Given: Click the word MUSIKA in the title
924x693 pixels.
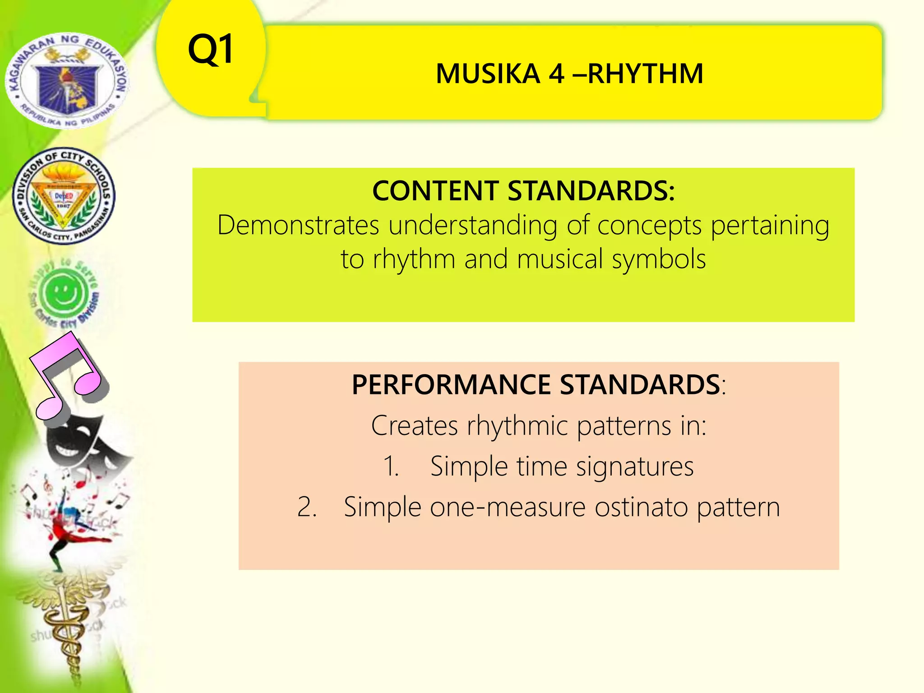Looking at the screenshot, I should point(488,74).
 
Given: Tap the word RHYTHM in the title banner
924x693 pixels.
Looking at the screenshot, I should point(645,74).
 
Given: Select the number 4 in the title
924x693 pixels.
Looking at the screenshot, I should point(556,74).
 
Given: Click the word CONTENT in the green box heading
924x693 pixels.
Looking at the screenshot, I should point(435,191).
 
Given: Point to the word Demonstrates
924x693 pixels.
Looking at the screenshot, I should point(298,225).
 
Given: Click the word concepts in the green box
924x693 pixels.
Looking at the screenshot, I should point(649,226).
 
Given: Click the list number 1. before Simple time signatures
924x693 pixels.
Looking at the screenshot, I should point(391,467).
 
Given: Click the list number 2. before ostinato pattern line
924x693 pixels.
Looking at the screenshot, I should point(307,507).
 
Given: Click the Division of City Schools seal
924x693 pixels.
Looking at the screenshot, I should point(64,196).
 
